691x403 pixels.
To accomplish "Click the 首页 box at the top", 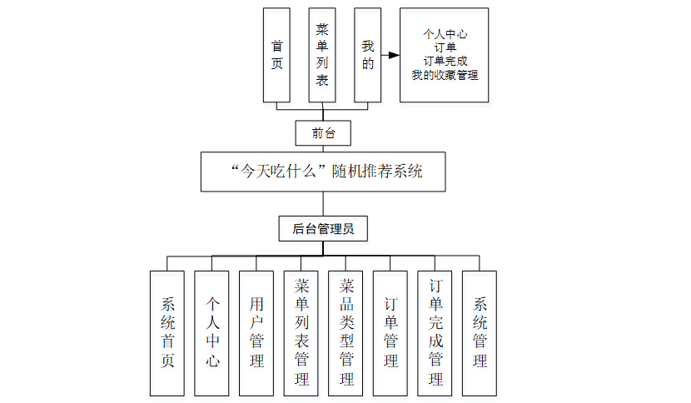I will point(276,55).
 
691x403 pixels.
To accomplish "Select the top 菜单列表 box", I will point(322,55).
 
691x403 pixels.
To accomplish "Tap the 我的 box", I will point(367,55).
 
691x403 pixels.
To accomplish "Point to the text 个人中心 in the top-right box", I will point(444,35).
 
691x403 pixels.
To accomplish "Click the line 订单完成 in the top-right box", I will point(444,62).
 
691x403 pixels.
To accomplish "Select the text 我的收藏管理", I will point(444,75).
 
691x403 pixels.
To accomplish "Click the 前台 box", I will point(323,132).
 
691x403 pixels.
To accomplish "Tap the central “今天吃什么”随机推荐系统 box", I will point(323,172).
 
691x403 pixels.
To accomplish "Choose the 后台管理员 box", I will point(323,228).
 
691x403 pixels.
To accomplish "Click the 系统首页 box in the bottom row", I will point(167,332).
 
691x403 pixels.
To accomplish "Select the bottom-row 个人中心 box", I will point(211,332).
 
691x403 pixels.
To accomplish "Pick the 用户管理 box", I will point(256,332).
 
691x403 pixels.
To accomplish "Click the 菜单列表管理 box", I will point(301,332).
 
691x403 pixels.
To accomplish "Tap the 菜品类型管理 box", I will point(345,332).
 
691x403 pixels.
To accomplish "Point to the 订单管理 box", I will point(390,332).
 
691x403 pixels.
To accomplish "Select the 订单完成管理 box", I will point(435,332).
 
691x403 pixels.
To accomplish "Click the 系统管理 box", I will point(480,332).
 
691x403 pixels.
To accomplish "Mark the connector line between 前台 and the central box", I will point(323,148).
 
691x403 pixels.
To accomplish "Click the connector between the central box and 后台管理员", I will point(323,204).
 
